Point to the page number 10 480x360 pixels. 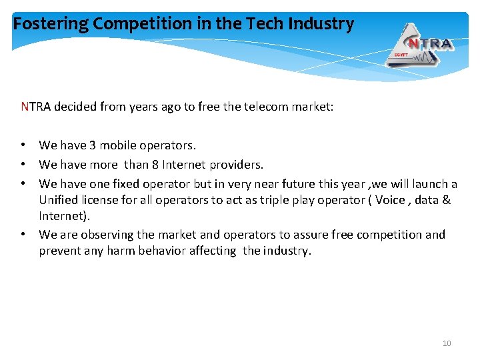(x=447, y=343)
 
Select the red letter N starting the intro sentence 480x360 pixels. (x=25, y=106)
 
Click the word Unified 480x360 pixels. (x=58, y=200)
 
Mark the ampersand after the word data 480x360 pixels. (x=447, y=200)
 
